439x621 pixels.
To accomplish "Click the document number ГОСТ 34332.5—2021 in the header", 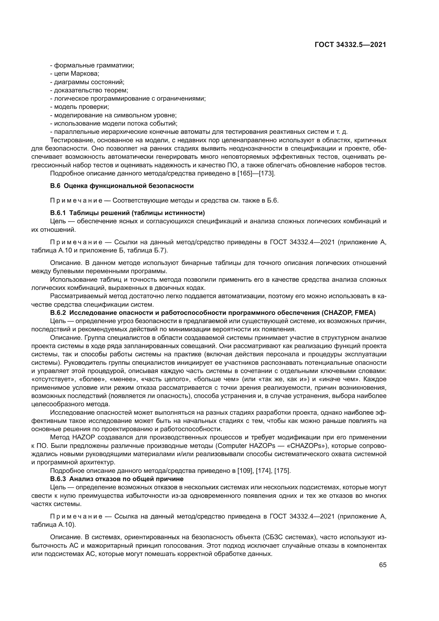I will click(x=350, y=45).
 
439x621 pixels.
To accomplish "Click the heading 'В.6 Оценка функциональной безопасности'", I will click(x=122, y=186).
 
